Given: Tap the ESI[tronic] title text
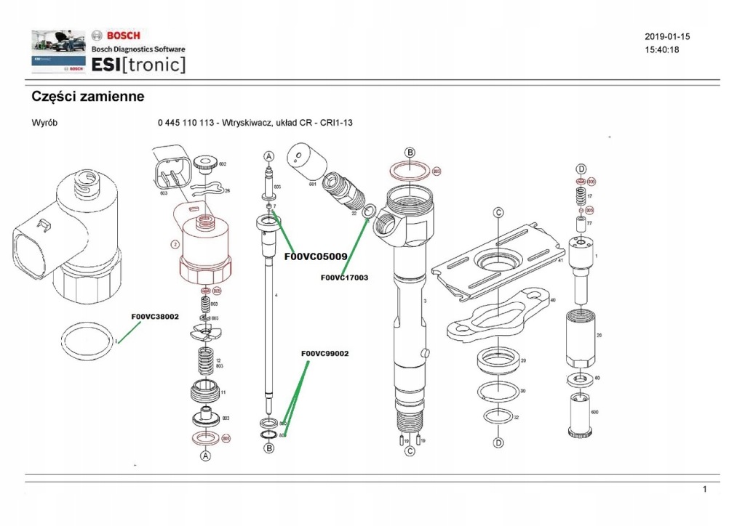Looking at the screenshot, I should click(x=138, y=65).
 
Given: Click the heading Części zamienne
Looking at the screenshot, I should click(x=88, y=96).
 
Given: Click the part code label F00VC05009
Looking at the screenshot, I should click(x=316, y=256).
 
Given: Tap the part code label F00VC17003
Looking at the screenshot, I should click(x=344, y=278).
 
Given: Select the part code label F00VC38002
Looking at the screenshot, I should click(x=155, y=317).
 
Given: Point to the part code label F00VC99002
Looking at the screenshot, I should click(x=324, y=354).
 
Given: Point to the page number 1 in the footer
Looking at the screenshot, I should click(x=704, y=490).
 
